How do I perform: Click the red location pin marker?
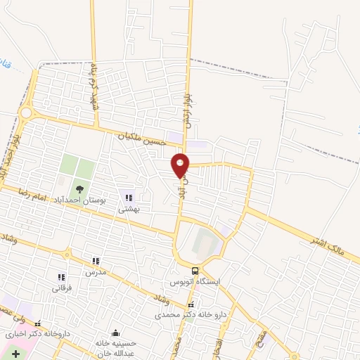[x=181, y=165]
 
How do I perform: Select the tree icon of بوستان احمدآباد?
[x=79, y=188]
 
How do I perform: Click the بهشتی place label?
[x=127, y=208]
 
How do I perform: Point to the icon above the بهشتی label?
[x=127, y=197]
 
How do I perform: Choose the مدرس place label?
[x=96, y=271]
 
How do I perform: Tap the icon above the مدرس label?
[x=96, y=261]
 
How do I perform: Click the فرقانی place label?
[x=60, y=288]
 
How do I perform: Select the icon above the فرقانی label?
[x=60, y=277]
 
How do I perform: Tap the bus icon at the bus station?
[x=195, y=271]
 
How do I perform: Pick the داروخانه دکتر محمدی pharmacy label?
[x=191, y=316]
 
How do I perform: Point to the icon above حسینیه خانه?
[x=115, y=333]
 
